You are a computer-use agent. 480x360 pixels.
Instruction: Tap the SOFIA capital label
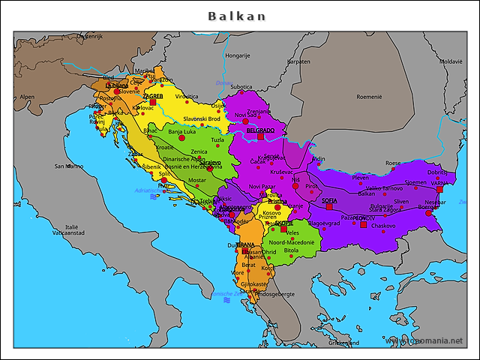click(x=329, y=200)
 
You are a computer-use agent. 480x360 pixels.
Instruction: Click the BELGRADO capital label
click(x=260, y=130)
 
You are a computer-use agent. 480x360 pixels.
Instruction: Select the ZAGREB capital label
click(x=153, y=96)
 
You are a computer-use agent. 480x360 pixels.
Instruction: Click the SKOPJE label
click(x=283, y=223)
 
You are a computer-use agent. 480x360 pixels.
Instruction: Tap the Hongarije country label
click(x=238, y=55)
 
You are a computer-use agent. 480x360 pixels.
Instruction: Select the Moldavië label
click(x=451, y=61)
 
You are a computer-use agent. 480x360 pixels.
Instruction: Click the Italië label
click(x=72, y=226)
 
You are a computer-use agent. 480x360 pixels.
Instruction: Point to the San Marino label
click(x=69, y=166)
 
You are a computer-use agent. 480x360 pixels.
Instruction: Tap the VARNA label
click(x=439, y=183)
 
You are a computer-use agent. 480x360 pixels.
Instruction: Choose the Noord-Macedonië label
click(x=292, y=242)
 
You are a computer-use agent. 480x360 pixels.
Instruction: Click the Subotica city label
click(x=241, y=87)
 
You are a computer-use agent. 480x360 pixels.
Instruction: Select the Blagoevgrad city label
click(x=324, y=223)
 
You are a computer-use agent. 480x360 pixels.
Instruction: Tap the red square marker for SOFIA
click(x=328, y=207)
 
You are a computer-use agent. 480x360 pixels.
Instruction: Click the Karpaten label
click(x=298, y=61)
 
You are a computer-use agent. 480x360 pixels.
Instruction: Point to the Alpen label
click(x=28, y=97)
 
